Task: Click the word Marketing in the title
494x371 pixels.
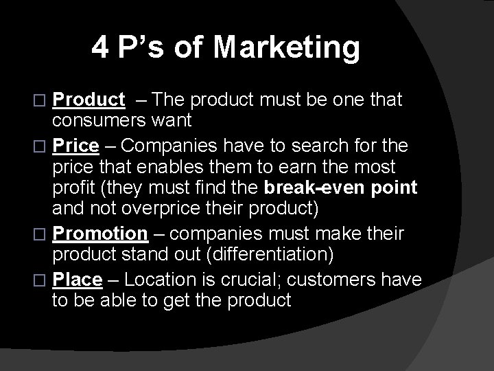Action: click(286, 47)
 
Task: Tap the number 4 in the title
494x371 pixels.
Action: click(100, 47)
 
